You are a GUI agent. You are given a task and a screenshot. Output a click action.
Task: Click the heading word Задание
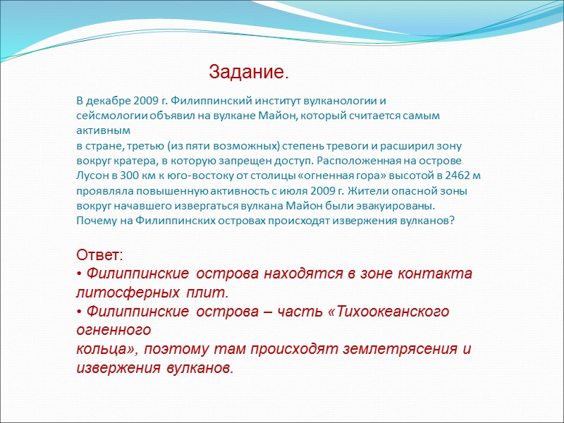tap(249, 73)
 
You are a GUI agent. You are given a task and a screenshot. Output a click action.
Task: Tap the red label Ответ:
tap(99, 255)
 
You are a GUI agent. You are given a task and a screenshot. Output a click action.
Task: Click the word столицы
tap(286, 176)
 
